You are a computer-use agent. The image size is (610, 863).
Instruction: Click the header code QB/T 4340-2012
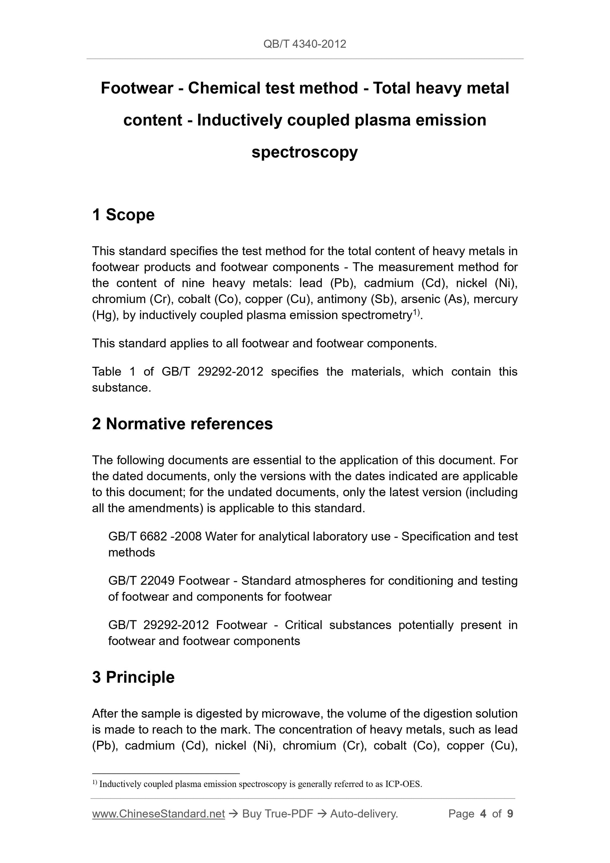coord(304,44)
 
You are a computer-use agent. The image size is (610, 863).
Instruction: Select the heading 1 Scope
coord(123,215)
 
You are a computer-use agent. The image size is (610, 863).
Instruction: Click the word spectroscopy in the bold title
coord(304,152)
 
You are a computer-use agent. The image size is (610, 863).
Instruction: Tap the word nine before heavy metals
coord(193,283)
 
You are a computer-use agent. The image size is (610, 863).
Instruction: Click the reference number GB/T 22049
coord(141,581)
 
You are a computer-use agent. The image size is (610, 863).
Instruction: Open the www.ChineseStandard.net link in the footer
coord(158,814)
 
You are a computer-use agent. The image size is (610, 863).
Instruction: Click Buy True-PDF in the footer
coord(277,814)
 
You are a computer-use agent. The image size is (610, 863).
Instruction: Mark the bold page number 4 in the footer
coord(483,814)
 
